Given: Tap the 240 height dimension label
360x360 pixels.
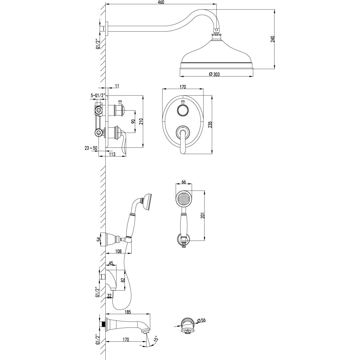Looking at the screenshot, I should click(273, 39).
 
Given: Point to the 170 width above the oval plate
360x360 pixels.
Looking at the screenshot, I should click(183, 87).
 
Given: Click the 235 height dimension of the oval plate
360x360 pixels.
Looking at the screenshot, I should click(210, 125).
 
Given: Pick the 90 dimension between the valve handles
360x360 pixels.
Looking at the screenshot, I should click(133, 121).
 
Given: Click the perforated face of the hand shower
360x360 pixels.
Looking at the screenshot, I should click(184, 198).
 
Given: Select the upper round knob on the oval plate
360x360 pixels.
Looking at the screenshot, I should click(182, 110).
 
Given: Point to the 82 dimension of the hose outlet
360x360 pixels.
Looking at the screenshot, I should click(123, 280).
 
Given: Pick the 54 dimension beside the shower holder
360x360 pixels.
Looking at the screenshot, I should click(99, 239).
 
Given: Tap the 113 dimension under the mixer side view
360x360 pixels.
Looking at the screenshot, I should click(112, 154).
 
